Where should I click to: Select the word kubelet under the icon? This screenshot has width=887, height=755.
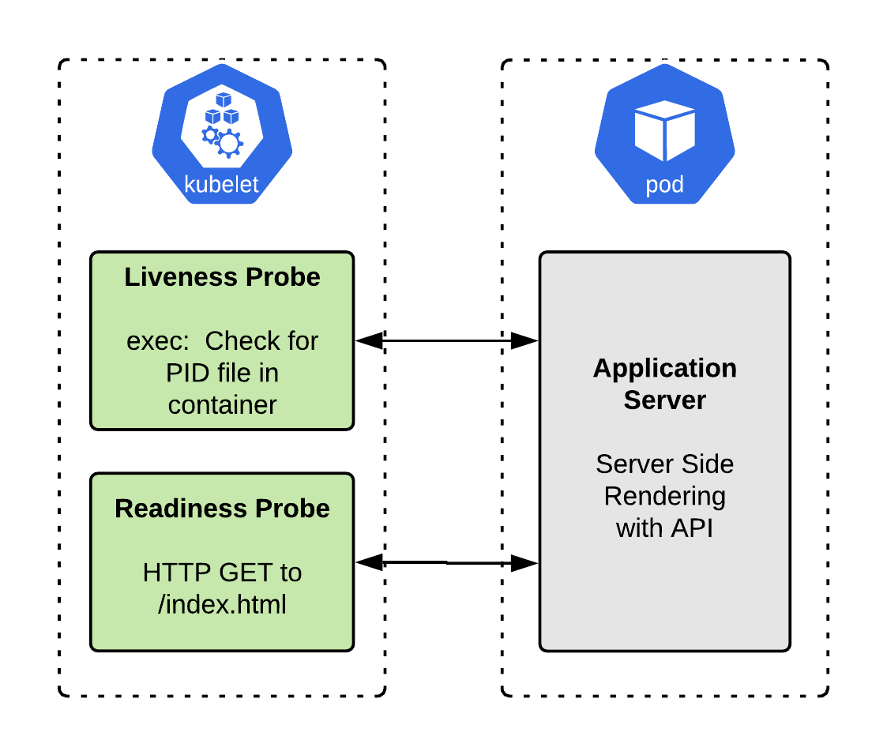[x=221, y=184]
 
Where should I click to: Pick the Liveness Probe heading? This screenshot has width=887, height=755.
[x=222, y=277]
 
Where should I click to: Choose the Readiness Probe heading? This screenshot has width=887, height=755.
[x=222, y=508]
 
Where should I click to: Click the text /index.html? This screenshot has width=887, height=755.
[x=222, y=604]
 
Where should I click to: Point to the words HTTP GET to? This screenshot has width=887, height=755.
[x=222, y=572]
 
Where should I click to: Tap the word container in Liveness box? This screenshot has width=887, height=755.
[x=222, y=404]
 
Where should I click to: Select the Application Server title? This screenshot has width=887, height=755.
[x=664, y=384]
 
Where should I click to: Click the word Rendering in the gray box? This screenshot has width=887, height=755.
[x=664, y=496]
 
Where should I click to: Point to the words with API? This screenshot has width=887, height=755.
[x=664, y=528]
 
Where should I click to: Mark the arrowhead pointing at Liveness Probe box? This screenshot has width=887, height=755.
[x=368, y=341]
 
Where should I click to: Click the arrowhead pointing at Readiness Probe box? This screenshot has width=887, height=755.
[x=368, y=562]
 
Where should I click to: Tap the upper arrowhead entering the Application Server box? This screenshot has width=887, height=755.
[x=524, y=341]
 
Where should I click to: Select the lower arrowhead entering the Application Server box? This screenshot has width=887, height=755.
[x=524, y=562]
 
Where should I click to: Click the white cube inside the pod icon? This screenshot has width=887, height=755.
[x=664, y=131]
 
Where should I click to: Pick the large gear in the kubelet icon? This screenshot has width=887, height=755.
[x=230, y=143]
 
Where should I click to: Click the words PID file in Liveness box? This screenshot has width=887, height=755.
[x=222, y=373]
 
